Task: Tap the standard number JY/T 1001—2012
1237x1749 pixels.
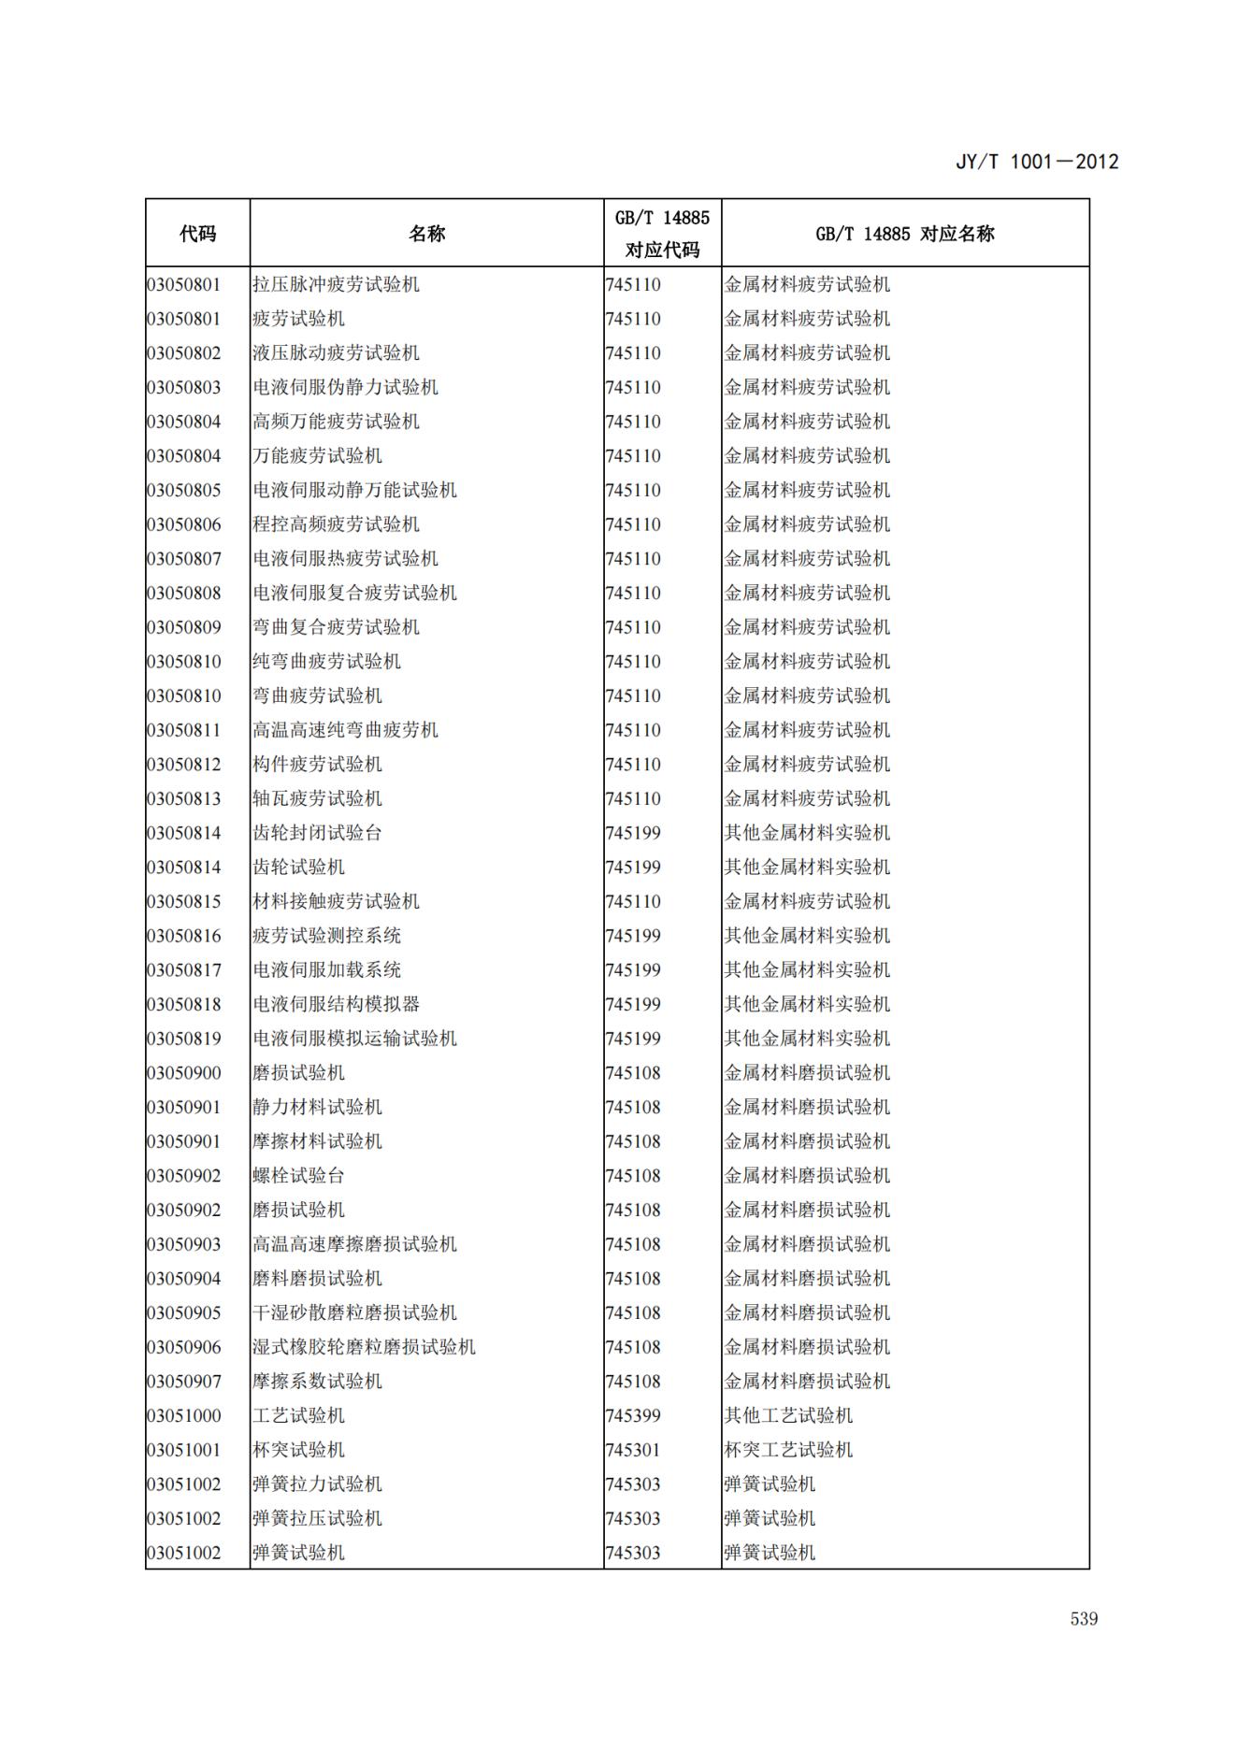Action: point(1036,162)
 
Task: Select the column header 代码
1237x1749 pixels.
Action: point(197,234)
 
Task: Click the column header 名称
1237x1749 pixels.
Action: point(426,234)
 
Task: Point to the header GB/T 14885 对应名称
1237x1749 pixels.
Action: point(904,234)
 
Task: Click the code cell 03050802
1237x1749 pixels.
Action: point(184,353)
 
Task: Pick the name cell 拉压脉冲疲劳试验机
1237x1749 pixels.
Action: point(336,284)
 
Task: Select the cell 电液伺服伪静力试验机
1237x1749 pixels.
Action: point(345,387)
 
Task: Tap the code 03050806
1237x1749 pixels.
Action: point(184,524)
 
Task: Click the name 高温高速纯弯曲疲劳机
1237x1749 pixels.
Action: point(345,730)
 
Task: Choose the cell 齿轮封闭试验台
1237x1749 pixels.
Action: point(317,833)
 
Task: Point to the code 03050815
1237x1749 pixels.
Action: point(184,902)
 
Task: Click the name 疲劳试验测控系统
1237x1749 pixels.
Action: point(326,936)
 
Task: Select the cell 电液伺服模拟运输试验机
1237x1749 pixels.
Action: point(354,1039)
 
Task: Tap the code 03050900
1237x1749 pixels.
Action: point(184,1073)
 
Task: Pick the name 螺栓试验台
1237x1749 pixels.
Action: point(298,1176)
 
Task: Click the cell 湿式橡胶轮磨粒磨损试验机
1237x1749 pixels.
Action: point(364,1347)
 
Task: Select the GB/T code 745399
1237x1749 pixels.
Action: point(633,1416)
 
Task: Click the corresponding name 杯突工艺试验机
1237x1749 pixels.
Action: point(788,1450)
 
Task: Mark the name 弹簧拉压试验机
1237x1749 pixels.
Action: point(317,1519)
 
